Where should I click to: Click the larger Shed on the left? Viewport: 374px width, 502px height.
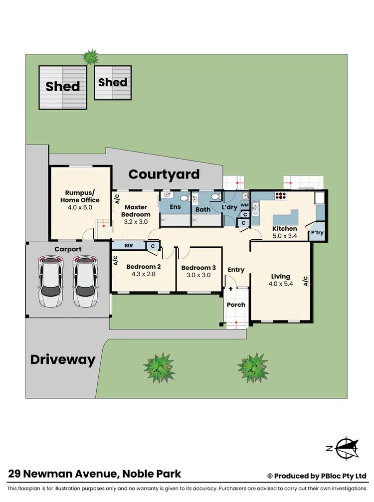click(63, 87)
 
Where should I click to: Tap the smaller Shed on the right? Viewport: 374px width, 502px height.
click(113, 82)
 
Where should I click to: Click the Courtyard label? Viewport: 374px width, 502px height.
click(164, 174)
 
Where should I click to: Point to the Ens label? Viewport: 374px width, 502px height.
click(175, 207)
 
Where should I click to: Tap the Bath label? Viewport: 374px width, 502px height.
click(203, 209)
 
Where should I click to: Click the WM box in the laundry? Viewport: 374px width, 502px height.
click(244, 205)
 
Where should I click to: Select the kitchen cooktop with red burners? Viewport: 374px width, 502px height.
click(280, 196)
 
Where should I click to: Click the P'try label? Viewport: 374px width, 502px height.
click(317, 233)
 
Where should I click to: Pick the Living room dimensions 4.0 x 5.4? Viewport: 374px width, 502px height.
click(280, 286)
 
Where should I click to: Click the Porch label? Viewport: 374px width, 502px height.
click(236, 305)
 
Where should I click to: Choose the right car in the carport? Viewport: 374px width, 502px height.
click(84, 282)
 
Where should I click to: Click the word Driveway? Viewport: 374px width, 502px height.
click(63, 360)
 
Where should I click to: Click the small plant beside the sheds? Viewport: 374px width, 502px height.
click(90, 57)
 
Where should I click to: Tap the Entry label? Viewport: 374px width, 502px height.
click(236, 270)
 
